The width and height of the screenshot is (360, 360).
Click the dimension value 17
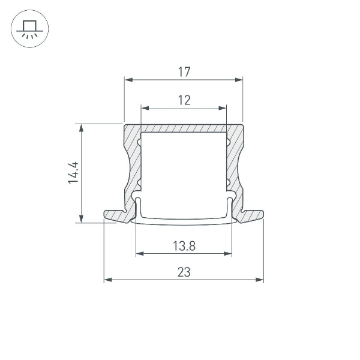[184, 72]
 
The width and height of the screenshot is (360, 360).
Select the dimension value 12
[184, 100]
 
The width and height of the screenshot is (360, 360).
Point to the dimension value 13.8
[184, 245]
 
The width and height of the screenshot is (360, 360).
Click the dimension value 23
[184, 272]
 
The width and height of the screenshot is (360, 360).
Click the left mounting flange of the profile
[114, 214]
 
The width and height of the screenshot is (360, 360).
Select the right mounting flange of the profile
[253, 214]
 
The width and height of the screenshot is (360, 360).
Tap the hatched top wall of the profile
[184, 128]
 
